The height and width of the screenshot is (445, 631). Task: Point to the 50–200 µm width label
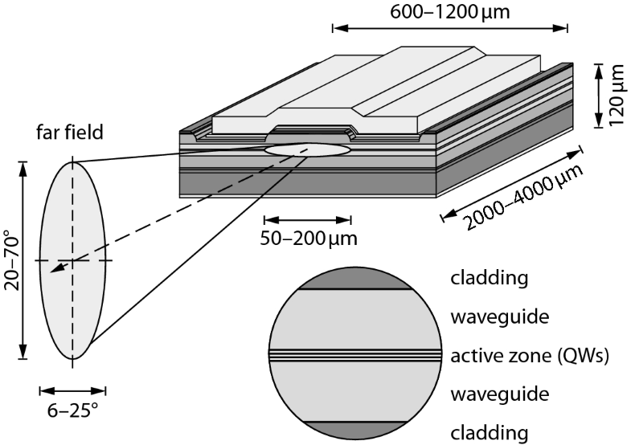point(309,238)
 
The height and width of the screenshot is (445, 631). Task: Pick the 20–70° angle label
point(12,259)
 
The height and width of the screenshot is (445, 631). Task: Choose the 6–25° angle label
point(72,410)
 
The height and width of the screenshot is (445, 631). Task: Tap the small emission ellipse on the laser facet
point(308,149)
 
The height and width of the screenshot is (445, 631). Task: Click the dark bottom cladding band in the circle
point(356,429)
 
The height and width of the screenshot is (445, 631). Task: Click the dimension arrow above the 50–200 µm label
point(308,219)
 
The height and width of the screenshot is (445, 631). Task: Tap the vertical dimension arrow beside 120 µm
point(600,96)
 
